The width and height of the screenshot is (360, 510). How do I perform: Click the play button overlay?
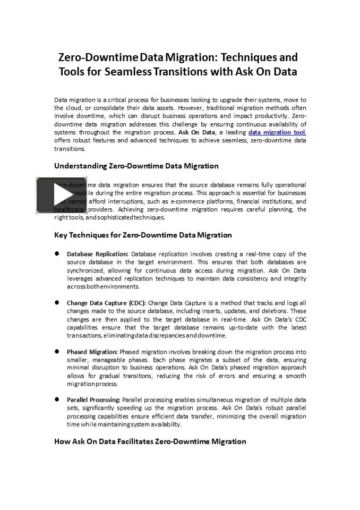(x=61, y=194)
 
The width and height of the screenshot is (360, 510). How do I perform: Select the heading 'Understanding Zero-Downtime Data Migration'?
(x=136, y=166)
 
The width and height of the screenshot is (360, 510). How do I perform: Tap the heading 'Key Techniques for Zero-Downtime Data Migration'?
(x=143, y=235)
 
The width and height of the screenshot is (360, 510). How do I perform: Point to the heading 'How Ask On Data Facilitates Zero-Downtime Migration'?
(x=150, y=441)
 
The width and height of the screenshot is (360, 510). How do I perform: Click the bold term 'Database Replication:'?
(x=98, y=254)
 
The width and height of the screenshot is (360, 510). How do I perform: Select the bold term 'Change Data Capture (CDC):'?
(x=106, y=303)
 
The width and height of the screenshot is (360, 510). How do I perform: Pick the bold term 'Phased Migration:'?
(x=92, y=352)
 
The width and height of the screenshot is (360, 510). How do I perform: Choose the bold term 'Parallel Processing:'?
(x=93, y=399)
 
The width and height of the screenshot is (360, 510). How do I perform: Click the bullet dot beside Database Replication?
(x=56, y=254)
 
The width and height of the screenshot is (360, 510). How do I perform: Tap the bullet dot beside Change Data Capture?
(x=56, y=303)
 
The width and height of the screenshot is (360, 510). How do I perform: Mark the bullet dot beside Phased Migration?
(x=56, y=352)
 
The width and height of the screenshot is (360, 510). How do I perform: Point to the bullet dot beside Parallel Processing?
(x=56, y=399)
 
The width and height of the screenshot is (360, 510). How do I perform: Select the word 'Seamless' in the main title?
(x=128, y=72)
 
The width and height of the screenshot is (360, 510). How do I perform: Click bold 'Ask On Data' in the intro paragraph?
(x=196, y=132)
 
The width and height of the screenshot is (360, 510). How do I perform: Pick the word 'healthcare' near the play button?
(x=68, y=209)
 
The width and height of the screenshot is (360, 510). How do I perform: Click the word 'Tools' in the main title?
(x=72, y=72)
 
